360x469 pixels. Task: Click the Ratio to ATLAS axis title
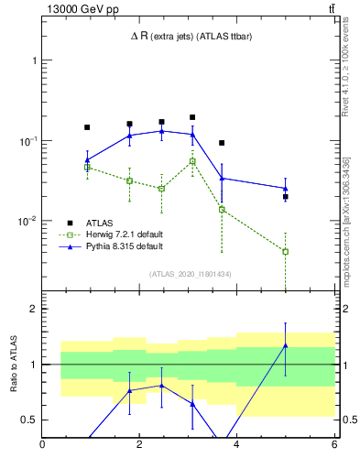pyautogui.click(x=14, y=365)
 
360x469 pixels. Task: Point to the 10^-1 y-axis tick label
pyautogui.click(x=27, y=141)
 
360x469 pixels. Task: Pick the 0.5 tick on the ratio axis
pyautogui.click(x=30, y=420)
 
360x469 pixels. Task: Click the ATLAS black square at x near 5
pyautogui.click(x=286, y=197)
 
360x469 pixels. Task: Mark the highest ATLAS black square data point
pyautogui.click(x=192, y=117)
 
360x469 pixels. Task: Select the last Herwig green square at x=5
pyautogui.click(x=286, y=251)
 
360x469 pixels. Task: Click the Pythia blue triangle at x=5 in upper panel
pyautogui.click(x=286, y=189)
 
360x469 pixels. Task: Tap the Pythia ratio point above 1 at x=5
pyautogui.click(x=286, y=345)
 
